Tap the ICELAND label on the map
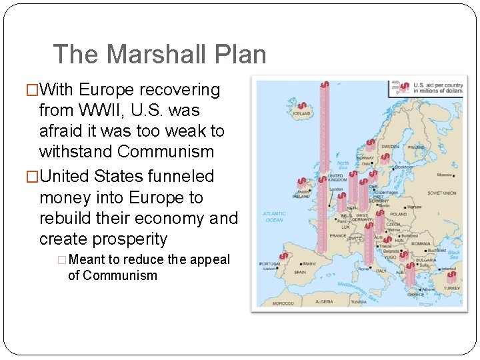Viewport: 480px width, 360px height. point(302,114)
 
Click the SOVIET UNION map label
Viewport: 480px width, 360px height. point(441,193)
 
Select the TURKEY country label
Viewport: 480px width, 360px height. point(452,288)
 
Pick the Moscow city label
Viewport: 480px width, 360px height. point(444,175)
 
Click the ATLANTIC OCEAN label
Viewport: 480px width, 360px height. point(274,217)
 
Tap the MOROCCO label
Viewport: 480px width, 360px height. point(283,303)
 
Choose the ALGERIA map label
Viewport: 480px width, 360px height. point(324,301)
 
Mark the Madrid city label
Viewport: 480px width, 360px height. point(309,263)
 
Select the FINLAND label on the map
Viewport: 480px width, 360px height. point(417,147)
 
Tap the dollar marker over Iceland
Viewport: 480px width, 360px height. point(301,106)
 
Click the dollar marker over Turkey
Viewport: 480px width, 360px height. point(452,275)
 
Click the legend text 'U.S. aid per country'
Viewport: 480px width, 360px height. point(438,85)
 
